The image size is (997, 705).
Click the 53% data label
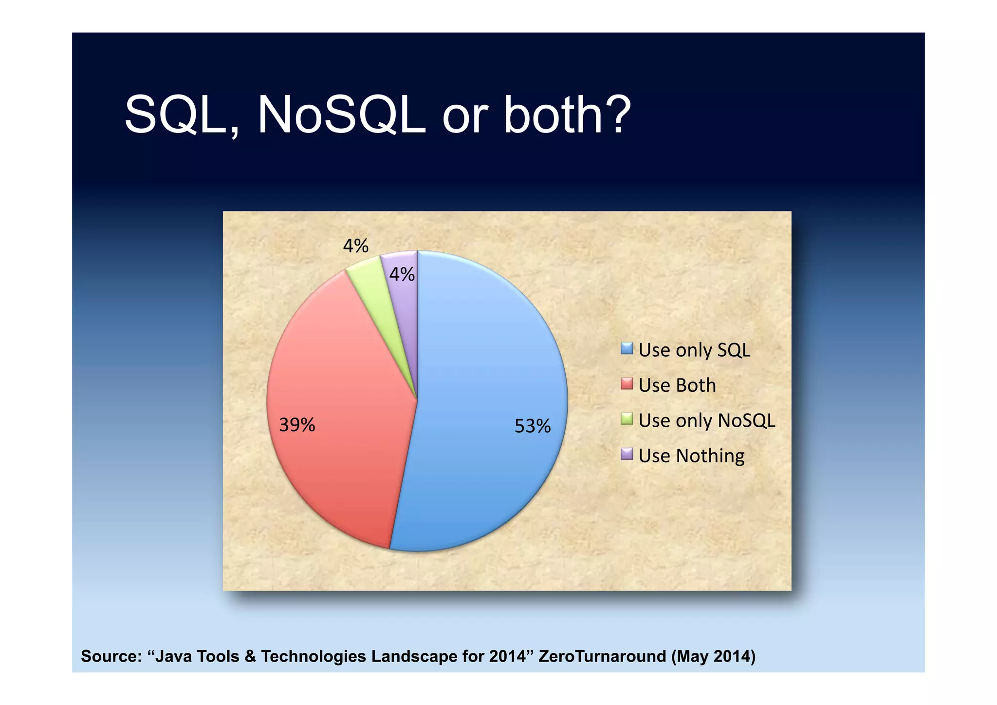pos(533,426)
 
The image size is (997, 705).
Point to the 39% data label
pos(297,425)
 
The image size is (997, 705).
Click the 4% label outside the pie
pos(355,246)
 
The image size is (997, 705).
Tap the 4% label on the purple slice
pos(402,275)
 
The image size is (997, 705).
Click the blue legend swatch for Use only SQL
pos(627,348)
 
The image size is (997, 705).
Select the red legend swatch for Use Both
pos(627,384)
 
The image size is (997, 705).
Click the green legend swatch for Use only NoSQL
pos(627,419)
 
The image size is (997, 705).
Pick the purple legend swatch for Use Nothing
pos(627,454)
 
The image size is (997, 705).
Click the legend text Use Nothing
pos(691,456)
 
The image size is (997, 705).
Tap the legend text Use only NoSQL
pos(706,420)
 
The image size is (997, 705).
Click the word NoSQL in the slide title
pos(341,116)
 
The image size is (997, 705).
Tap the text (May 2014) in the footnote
pos(713,656)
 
